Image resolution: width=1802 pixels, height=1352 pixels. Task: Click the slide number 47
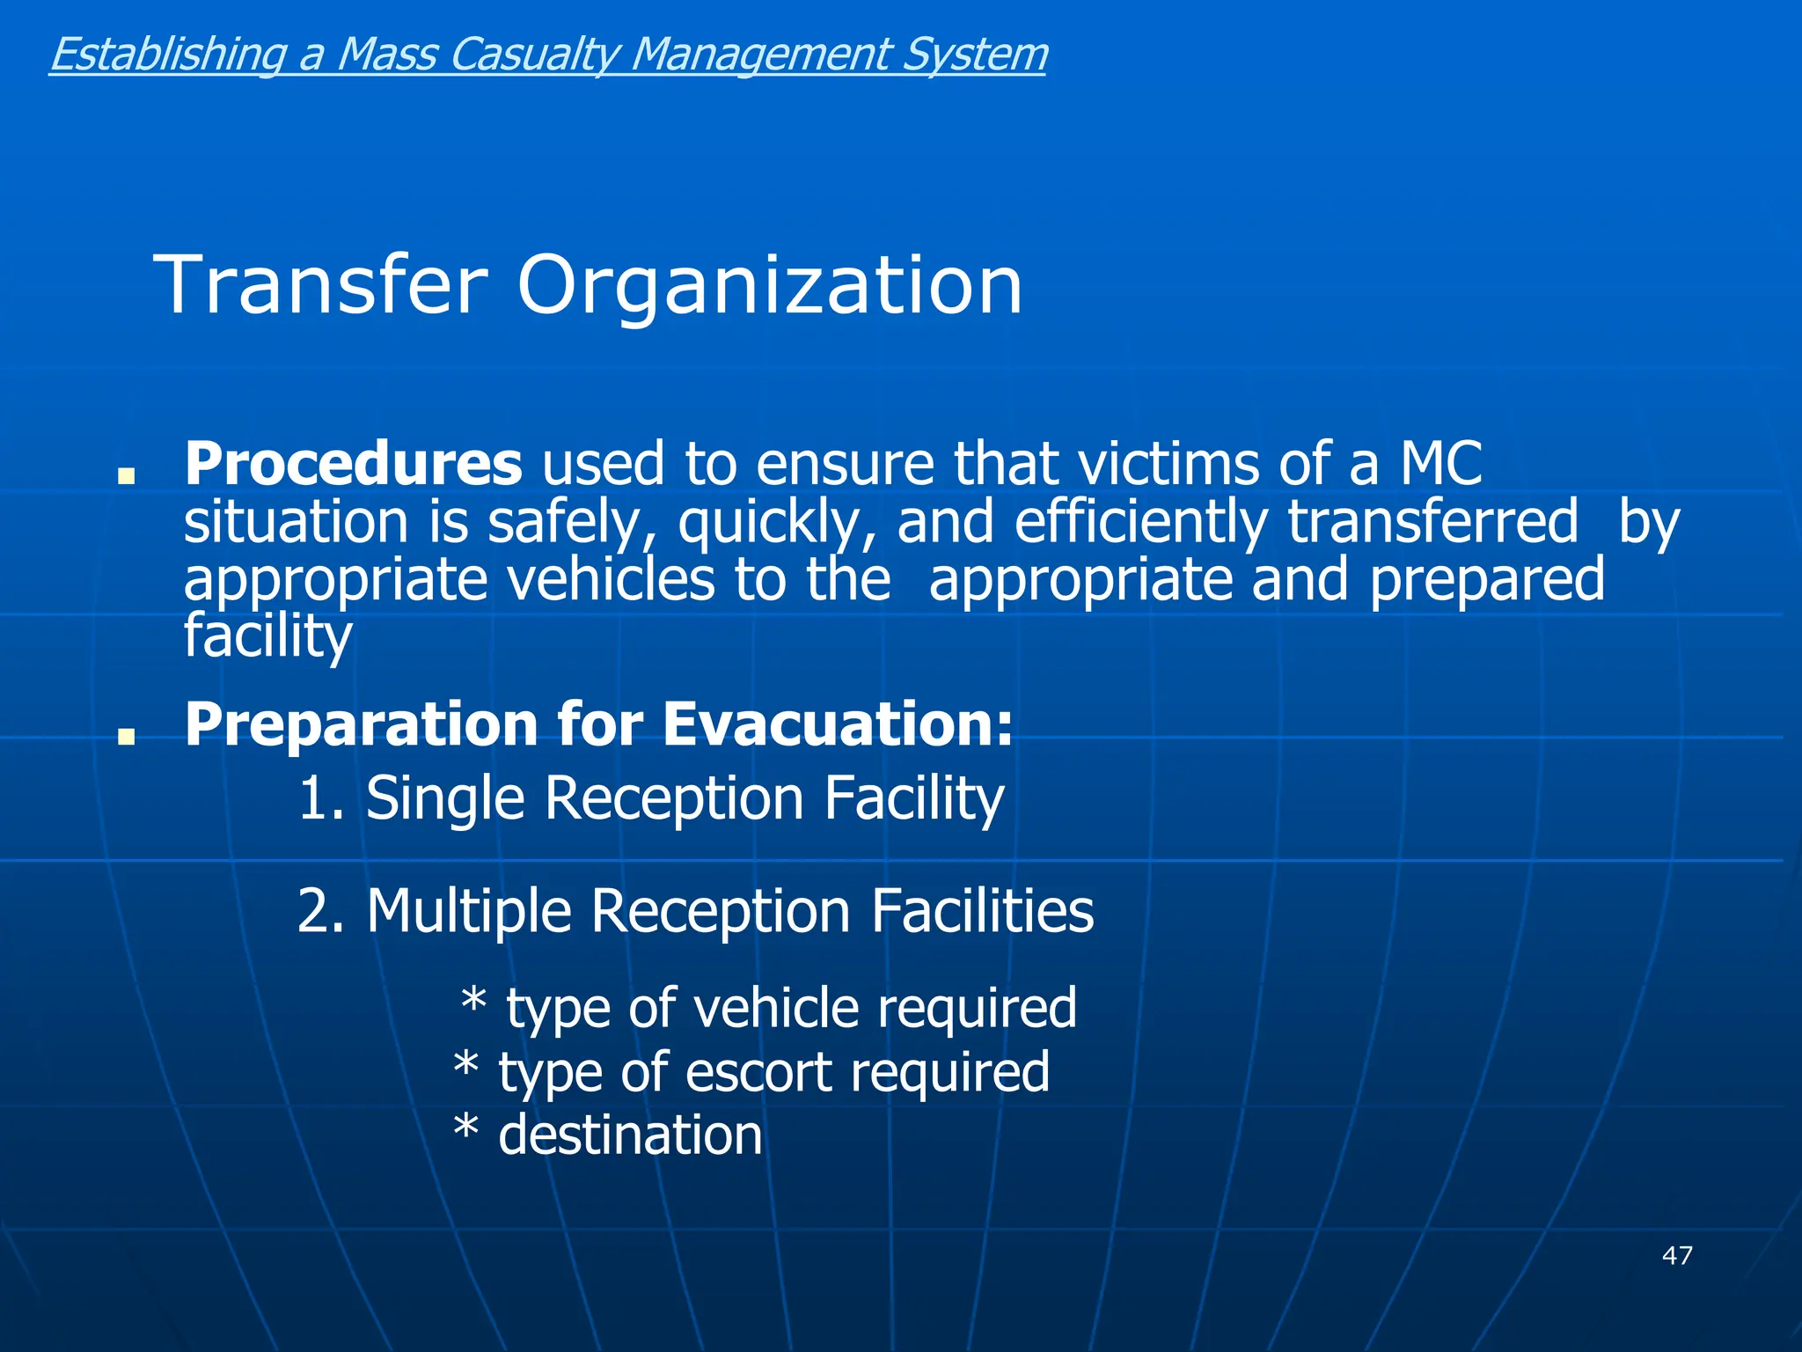point(1677,1255)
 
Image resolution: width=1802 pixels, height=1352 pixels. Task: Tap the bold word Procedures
point(353,464)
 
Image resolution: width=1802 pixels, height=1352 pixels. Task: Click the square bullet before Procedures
point(127,476)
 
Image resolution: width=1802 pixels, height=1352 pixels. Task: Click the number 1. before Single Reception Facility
point(320,798)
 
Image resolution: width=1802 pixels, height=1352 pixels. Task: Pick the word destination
point(630,1135)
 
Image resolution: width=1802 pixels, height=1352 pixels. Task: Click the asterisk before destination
point(466,1129)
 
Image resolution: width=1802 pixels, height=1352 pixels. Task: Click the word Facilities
point(982,911)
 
